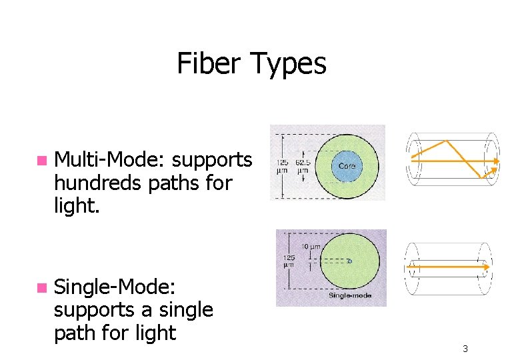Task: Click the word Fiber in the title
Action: tap(209, 64)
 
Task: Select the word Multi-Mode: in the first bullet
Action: tap(110, 160)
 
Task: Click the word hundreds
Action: tap(98, 182)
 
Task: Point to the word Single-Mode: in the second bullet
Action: tap(115, 287)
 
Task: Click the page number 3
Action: tap(465, 349)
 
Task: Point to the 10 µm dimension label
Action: tap(311, 247)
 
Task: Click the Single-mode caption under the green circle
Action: tap(349, 294)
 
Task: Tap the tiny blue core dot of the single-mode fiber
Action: tap(349, 261)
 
